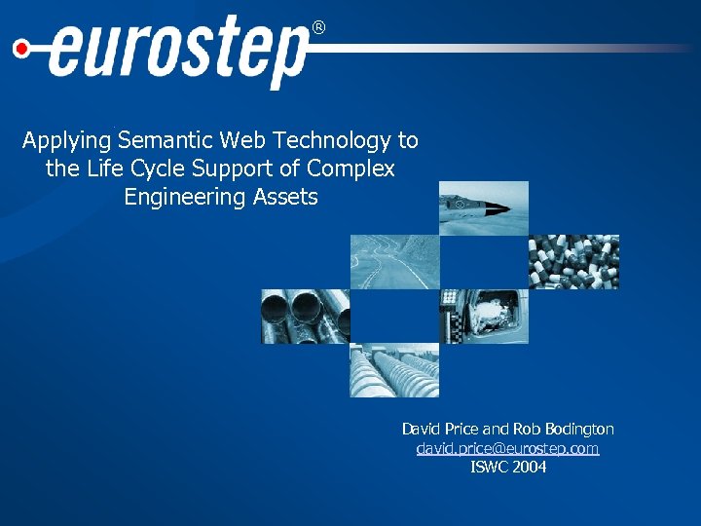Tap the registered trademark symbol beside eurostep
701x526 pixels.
[x=318, y=29]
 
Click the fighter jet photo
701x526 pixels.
[x=484, y=207]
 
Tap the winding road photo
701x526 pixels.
[x=394, y=262]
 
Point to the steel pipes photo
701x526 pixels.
[x=305, y=317]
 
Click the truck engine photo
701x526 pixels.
[x=484, y=317]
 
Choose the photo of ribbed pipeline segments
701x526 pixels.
[x=394, y=370]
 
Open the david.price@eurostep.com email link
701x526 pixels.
[x=507, y=448]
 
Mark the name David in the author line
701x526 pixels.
[x=421, y=429]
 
